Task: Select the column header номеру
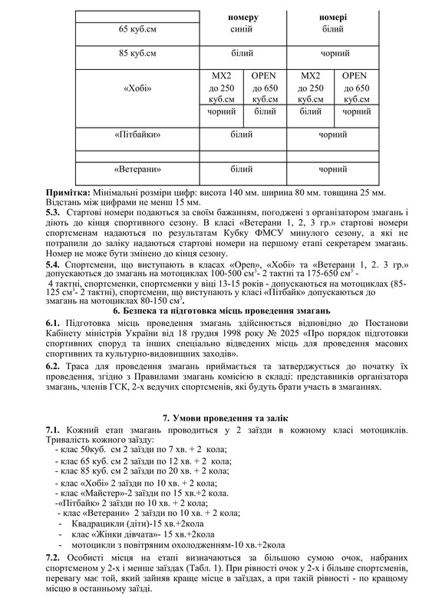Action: [x=242, y=17]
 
